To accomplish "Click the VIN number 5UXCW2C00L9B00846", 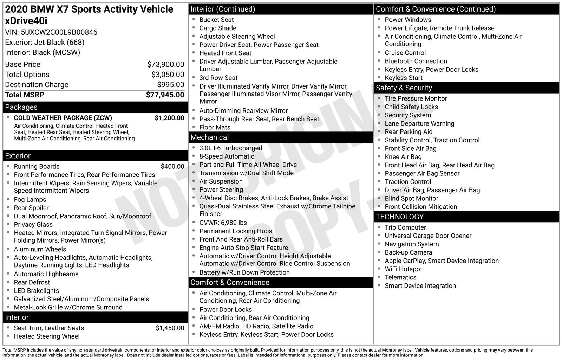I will point(59,32).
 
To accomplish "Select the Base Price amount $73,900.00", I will point(165,64).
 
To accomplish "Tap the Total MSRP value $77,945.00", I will point(165,95).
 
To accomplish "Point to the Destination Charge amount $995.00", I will point(170,85).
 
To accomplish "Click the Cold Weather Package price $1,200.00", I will point(169,118).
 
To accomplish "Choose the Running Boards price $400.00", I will point(172,167).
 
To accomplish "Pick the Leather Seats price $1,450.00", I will point(170,328).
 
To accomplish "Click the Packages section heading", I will point(21,107).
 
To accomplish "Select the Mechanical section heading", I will point(209,137).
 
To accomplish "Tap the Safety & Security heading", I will point(404,88).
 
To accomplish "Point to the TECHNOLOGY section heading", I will point(400,217).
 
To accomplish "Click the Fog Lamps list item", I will point(30,199).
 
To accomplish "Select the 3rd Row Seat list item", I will point(218,78).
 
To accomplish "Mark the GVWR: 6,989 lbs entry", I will point(223,223).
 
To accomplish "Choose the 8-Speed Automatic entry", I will point(227,156).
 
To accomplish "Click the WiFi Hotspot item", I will point(403,269).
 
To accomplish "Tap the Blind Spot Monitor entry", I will point(411,198).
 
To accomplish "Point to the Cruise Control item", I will point(405,53).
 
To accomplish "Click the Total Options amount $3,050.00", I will point(168,75).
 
